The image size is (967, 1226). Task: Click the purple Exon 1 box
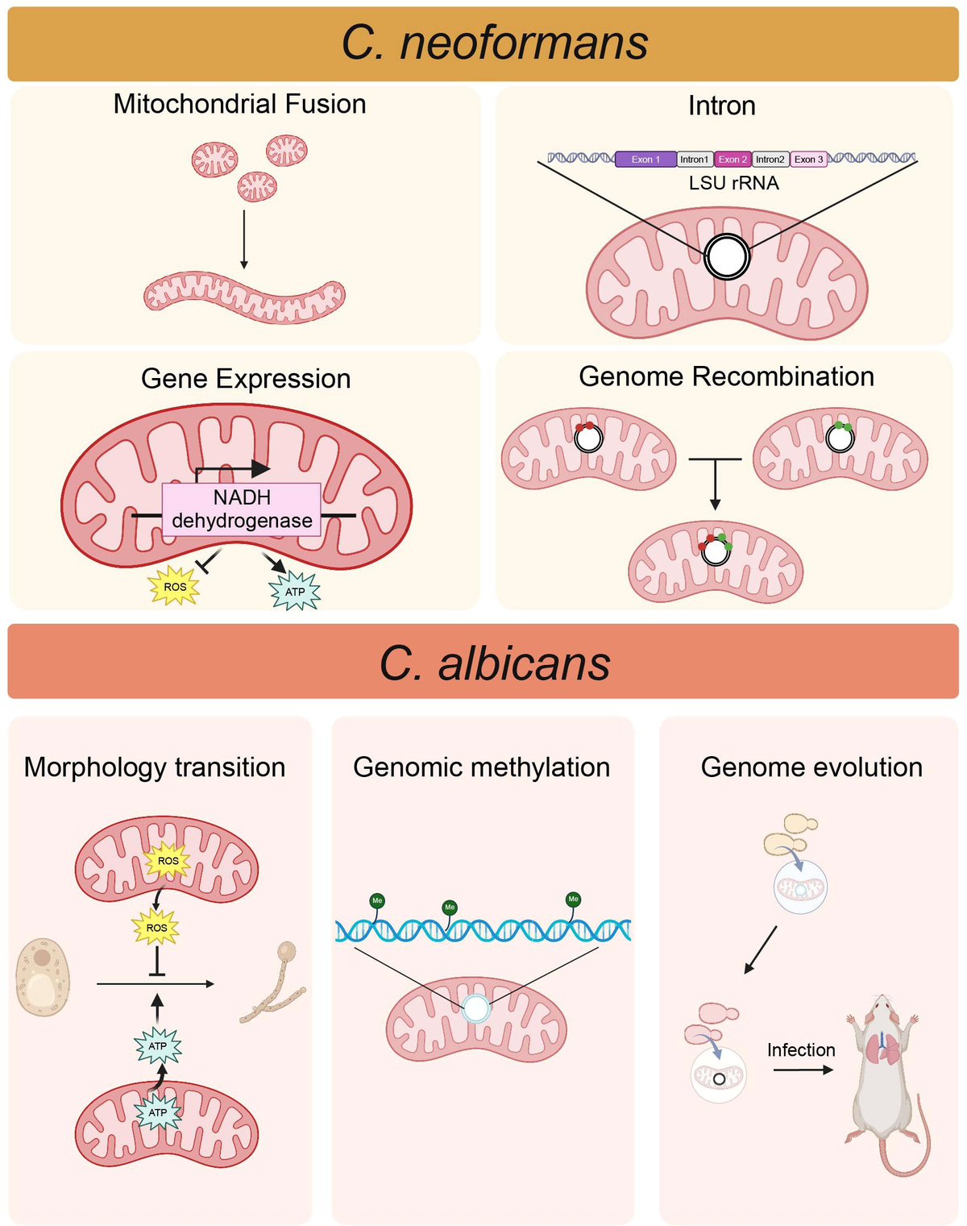coord(645,160)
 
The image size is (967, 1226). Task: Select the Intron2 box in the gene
coord(770,160)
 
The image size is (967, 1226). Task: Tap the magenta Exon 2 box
coord(733,160)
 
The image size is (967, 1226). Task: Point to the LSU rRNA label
coord(733,184)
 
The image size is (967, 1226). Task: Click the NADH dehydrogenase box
coord(242,509)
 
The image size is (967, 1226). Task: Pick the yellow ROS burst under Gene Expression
coord(175,587)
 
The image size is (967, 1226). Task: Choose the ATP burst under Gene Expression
coord(295,592)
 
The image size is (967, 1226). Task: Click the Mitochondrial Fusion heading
coord(239,104)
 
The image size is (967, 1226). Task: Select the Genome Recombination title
coord(726,376)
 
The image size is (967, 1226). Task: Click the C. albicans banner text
coord(494,664)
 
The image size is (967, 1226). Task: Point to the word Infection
coord(800,1049)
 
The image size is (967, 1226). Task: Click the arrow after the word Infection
coord(803,1070)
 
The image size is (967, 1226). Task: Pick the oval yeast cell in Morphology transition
coord(42,976)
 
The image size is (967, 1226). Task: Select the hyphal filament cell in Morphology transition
coord(274,985)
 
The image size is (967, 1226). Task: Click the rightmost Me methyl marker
coord(573,900)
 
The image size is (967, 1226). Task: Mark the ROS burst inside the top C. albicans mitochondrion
coord(168,861)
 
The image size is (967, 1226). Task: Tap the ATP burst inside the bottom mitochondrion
coord(157,1112)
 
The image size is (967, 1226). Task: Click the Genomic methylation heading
coord(481,767)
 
